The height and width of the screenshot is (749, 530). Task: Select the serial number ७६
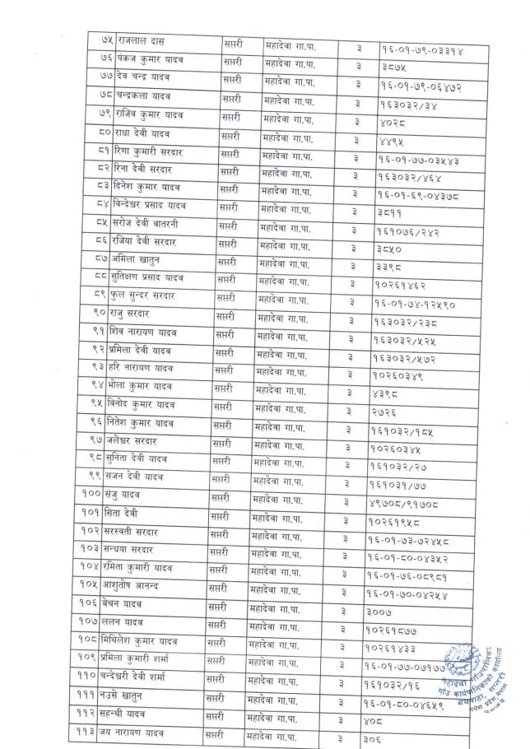coord(105,58)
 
